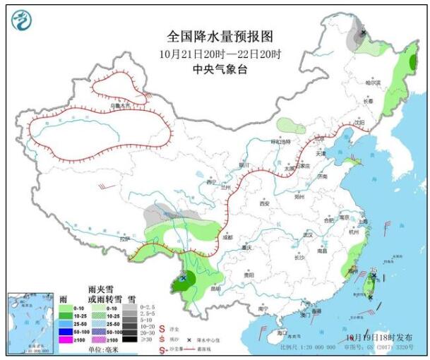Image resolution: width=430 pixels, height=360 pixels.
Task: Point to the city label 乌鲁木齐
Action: pos(119,106)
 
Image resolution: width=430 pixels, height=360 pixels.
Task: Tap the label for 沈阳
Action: pos(360,122)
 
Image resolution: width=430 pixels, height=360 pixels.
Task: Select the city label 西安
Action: pos(265,203)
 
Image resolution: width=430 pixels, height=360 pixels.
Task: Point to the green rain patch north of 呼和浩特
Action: pos(291,126)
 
